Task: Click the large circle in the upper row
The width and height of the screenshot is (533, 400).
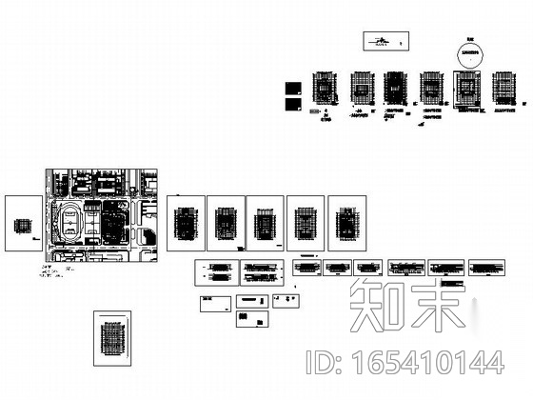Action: click(x=467, y=53)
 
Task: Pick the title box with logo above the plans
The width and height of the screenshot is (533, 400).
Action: click(x=382, y=41)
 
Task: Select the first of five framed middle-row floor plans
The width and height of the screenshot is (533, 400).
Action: click(x=186, y=224)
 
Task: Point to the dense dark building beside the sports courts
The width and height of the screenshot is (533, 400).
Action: click(x=113, y=225)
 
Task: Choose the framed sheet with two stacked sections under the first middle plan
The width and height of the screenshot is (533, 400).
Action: click(x=214, y=272)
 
